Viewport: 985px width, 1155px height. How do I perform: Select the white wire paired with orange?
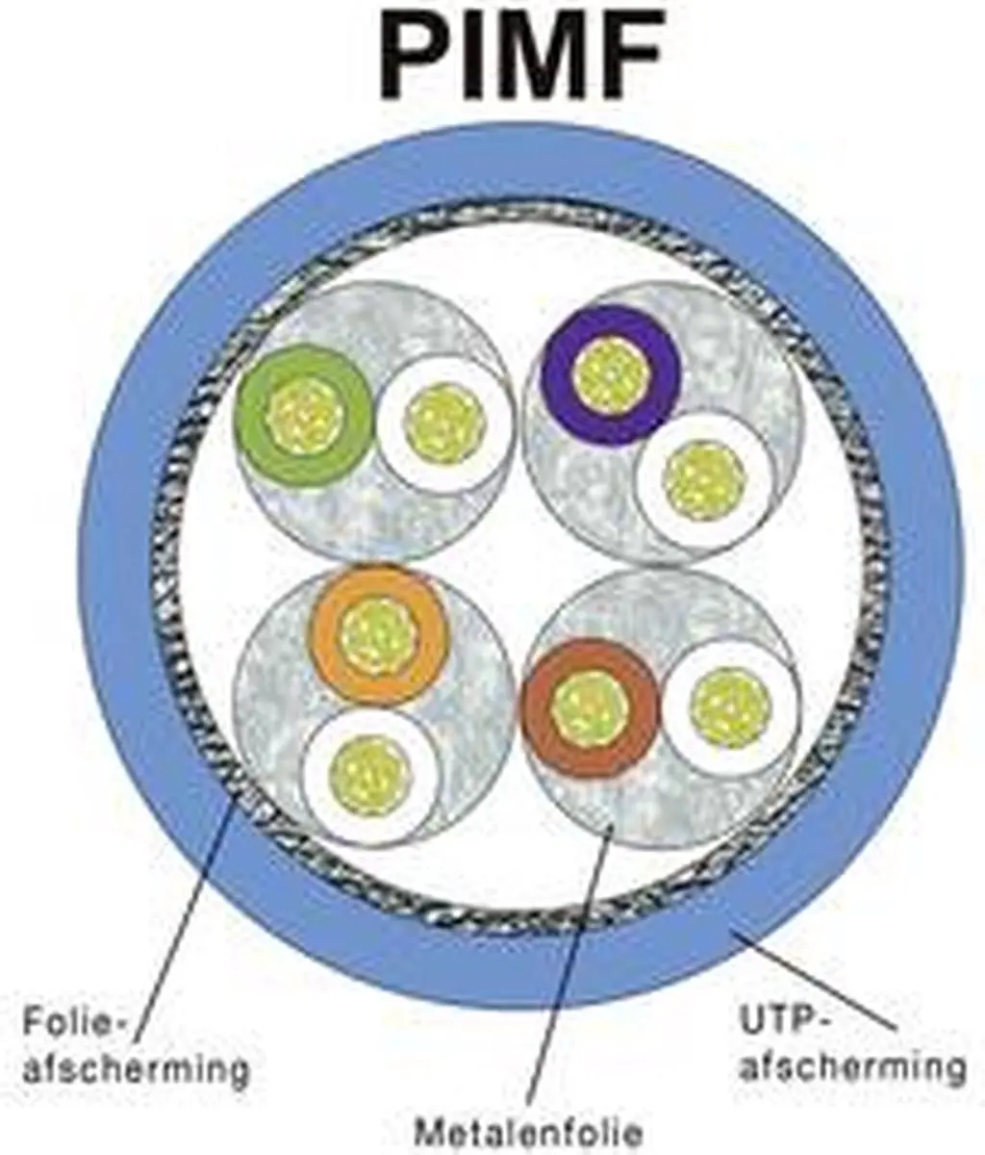[368, 777]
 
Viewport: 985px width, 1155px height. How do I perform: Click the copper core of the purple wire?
[612, 376]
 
